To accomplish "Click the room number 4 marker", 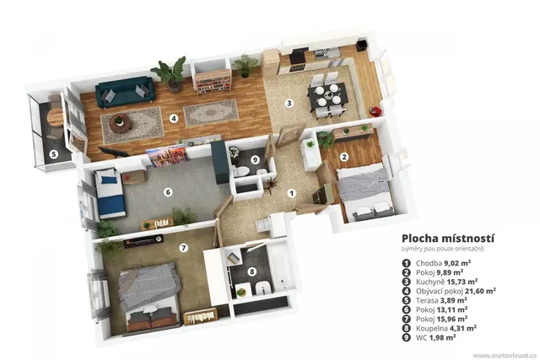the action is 174,119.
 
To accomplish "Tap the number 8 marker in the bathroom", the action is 252,271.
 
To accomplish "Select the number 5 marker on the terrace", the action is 53,154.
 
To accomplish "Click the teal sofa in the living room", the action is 125,92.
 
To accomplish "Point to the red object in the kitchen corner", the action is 375,111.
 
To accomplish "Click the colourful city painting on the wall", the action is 167,156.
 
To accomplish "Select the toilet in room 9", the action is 241,171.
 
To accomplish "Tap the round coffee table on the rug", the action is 120,123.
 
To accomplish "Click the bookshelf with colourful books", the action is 212,81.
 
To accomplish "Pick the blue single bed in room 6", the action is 111,195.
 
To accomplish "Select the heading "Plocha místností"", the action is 448,239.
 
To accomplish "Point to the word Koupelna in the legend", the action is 430,328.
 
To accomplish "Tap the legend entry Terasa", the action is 427,300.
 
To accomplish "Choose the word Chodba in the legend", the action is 429,263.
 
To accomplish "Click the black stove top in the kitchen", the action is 297,57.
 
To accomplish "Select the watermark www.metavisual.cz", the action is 505,355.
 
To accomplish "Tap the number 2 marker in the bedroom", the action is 344,157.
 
